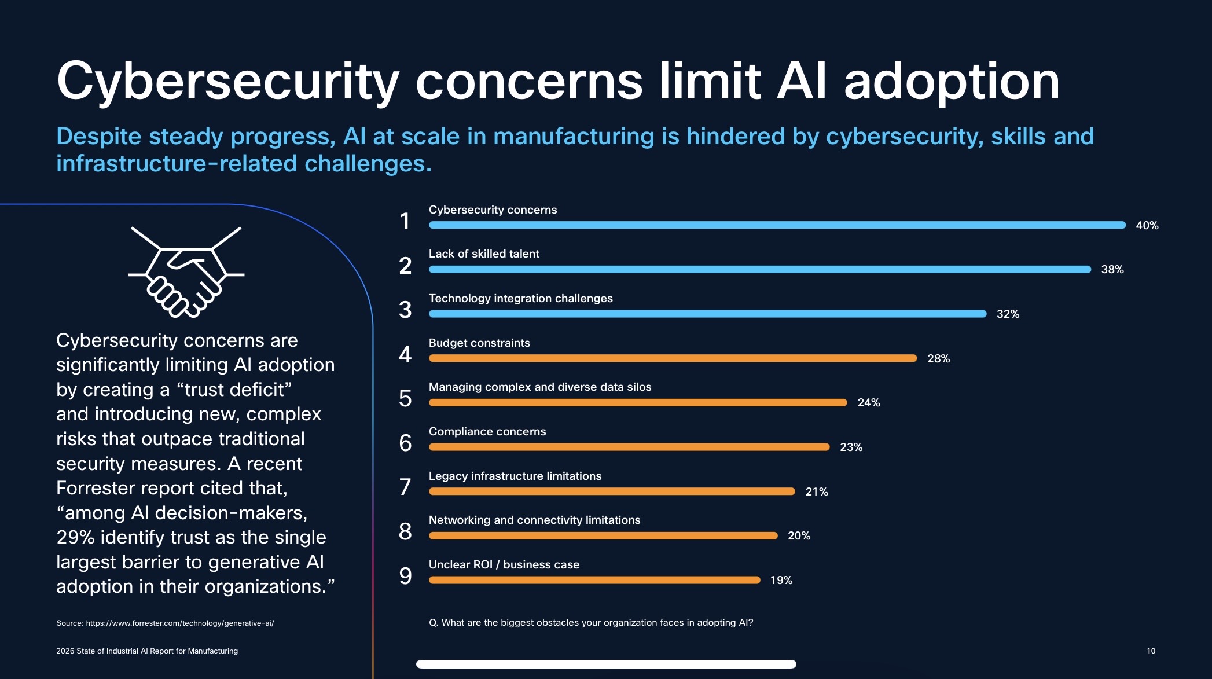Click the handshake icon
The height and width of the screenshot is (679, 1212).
click(x=186, y=272)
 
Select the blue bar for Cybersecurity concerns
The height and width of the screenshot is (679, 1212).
click(x=777, y=225)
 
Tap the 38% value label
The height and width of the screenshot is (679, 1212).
click(x=1112, y=270)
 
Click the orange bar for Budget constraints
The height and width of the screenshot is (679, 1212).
click(x=673, y=358)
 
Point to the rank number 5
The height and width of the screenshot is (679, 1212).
click(x=405, y=398)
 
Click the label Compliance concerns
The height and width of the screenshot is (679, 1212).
click(x=487, y=431)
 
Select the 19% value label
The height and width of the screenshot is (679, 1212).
click(x=781, y=580)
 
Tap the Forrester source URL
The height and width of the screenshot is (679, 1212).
click(x=179, y=623)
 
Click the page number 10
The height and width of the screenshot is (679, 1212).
click(x=1151, y=651)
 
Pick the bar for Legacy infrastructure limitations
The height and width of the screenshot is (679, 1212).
click(x=612, y=491)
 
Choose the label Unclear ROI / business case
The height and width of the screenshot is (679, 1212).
click(x=504, y=564)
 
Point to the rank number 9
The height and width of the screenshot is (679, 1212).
click(x=405, y=576)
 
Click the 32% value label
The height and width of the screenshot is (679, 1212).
click(x=1007, y=314)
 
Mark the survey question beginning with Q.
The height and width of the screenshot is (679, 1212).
click(x=590, y=623)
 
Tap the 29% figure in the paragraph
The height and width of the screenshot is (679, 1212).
click(x=75, y=537)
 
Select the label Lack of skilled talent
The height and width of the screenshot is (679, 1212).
click(x=483, y=254)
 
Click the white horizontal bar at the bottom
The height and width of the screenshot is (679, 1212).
click(x=606, y=664)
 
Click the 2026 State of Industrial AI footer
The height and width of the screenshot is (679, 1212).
click(x=147, y=651)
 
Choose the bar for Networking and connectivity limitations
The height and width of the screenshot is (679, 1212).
click(x=603, y=536)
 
